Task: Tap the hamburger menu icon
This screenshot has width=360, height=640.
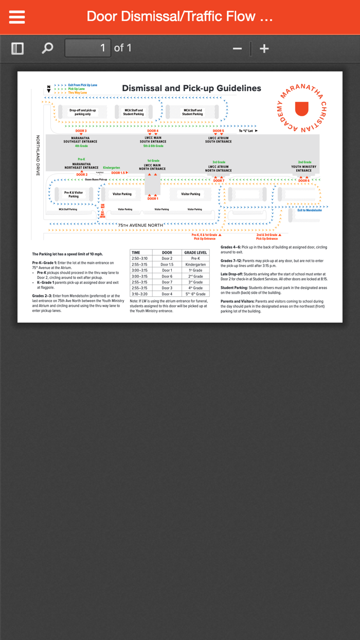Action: tap(17, 17)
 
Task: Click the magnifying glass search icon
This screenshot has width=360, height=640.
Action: tap(47, 48)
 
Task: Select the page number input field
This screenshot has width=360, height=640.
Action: tap(87, 48)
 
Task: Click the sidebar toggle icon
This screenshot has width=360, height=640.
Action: tap(17, 48)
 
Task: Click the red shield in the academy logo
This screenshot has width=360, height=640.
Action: tap(302, 109)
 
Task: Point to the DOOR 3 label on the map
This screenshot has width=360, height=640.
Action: tap(81, 131)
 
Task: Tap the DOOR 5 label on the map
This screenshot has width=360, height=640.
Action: tap(218, 131)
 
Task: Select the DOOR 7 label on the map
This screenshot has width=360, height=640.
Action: tap(219, 181)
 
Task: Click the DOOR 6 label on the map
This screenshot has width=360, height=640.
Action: tap(304, 181)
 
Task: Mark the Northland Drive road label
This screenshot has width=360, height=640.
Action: tap(38, 156)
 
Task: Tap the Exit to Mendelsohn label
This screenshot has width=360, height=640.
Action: tap(310, 210)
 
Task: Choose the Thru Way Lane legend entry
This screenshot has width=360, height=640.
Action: tap(77, 93)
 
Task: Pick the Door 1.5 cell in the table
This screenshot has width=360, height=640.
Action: tap(167, 264)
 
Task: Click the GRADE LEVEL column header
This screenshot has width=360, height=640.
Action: tap(195, 253)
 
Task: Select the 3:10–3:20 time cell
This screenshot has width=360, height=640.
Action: tap(139, 294)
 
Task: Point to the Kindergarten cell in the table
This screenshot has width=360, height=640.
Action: tap(195, 264)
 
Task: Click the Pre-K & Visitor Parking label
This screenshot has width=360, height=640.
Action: tap(74, 194)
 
